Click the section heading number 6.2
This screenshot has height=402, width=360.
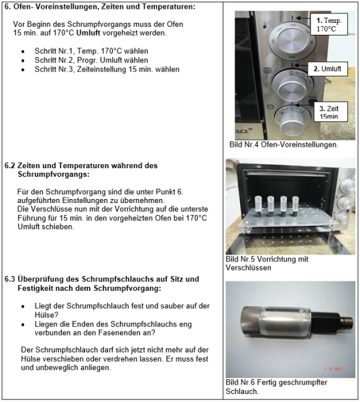[11, 165]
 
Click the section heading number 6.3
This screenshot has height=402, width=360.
[11, 278]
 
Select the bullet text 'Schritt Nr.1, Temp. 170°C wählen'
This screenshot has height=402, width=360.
[91, 51]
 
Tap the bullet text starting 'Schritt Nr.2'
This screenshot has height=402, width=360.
[82, 60]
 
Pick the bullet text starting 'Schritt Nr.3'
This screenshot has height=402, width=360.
[107, 69]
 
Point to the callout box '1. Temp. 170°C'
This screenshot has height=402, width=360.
[331, 25]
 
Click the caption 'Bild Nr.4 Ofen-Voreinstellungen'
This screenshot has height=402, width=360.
[284, 144]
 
